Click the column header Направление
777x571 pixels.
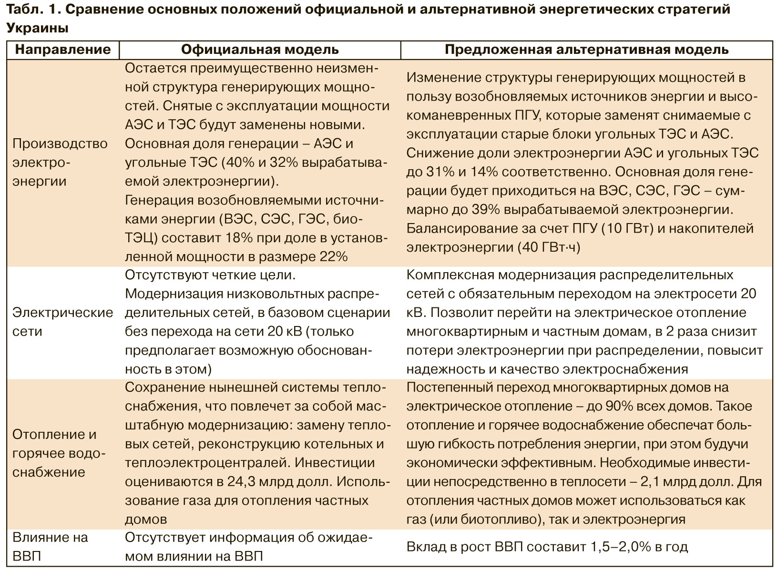coord(62,50)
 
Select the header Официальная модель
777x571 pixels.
coord(260,50)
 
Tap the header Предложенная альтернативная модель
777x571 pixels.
coord(586,50)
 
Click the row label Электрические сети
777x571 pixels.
coord(62,322)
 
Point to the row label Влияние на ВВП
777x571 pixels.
coord(50,547)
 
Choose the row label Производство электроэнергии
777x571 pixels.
coord(60,162)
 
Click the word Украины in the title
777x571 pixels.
coord(37,28)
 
